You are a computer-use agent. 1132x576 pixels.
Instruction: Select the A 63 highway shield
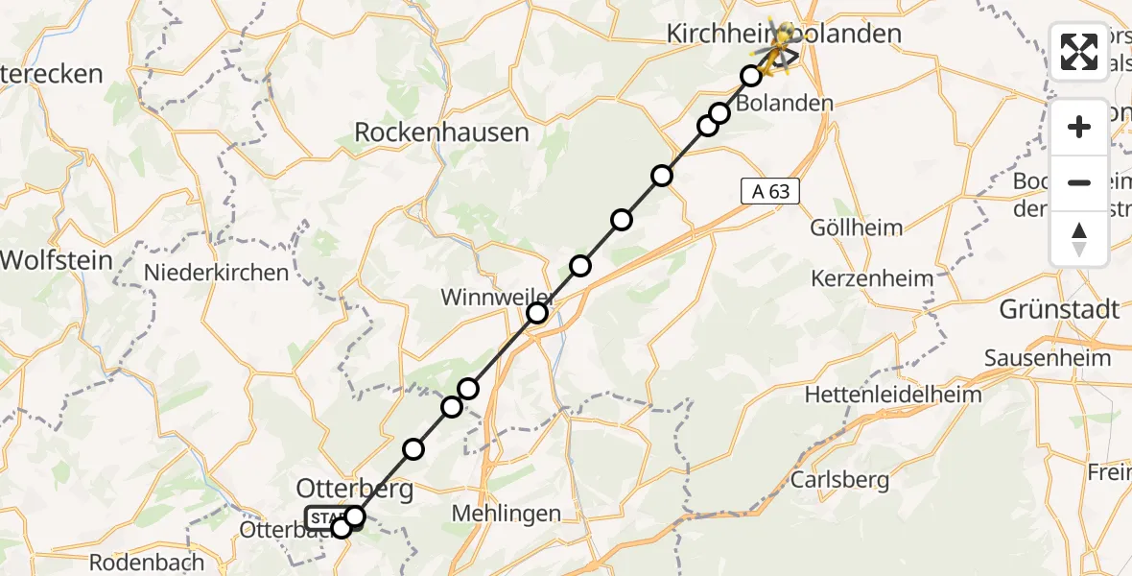[770, 191]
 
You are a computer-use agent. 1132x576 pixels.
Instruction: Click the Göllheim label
[857, 228]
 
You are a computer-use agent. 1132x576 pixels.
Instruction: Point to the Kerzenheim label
[872, 279]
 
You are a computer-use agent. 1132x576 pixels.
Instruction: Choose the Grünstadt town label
[1059, 310]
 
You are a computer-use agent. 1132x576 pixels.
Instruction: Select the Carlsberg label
[840, 480]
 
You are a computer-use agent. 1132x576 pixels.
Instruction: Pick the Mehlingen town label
[507, 514]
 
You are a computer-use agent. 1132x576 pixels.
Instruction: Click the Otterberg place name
[355, 490]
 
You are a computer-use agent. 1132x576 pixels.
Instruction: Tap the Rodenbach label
[148, 562]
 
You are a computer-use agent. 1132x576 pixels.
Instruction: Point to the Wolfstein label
[56, 259]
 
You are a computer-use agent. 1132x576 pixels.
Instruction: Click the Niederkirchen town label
[216, 273]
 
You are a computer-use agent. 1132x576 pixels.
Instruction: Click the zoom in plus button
[1079, 128]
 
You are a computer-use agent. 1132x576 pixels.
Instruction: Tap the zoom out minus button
[1079, 182]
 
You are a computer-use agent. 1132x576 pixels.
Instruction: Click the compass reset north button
[1079, 238]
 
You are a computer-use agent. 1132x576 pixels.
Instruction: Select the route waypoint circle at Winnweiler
[537, 313]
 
